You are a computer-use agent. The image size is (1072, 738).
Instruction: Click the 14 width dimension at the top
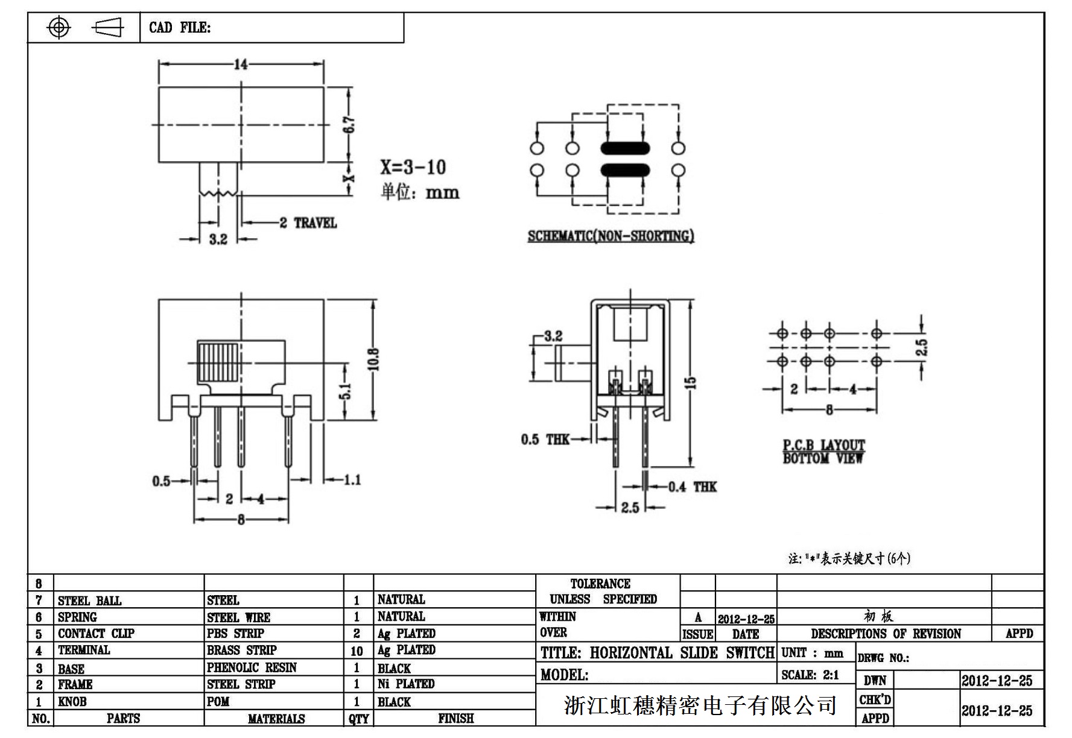coord(241,65)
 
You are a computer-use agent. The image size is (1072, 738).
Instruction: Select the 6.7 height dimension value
coord(349,125)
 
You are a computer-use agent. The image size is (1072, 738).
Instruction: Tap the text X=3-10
coord(413,167)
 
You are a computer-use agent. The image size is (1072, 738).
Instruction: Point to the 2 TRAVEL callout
coord(308,223)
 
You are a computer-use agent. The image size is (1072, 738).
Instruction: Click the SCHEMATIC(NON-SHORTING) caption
coord(611,236)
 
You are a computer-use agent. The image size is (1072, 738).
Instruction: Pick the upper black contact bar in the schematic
coord(625,148)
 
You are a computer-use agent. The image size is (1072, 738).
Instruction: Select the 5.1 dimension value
coord(345,391)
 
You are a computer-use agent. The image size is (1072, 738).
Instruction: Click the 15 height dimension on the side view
coord(691,382)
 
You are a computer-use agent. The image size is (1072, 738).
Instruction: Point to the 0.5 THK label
coord(545,440)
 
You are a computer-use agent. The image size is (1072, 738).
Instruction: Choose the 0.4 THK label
coord(692,487)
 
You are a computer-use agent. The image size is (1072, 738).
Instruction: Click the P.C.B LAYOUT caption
coord(823,446)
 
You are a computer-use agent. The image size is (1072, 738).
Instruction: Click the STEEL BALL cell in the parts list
coord(89,601)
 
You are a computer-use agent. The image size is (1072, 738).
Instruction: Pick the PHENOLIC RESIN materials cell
coord(252,667)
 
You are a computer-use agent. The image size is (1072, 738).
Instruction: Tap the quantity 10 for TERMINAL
coord(357,651)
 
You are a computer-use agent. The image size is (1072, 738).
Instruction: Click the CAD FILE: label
coord(180,28)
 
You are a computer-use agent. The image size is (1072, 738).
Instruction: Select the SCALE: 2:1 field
coord(810,675)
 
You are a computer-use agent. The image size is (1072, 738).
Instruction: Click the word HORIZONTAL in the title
coord(631,653)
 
